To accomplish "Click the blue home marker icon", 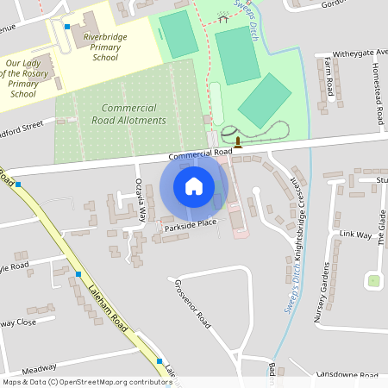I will click(193, 186).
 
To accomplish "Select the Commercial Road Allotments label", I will click(133, 114).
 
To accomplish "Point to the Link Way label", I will click(354, 235).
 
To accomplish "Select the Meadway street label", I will click(39, 366).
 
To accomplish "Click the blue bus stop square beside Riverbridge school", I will click(68, 27).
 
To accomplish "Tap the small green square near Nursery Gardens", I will click(373, 280).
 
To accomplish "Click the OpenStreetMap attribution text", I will click(86, 381).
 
